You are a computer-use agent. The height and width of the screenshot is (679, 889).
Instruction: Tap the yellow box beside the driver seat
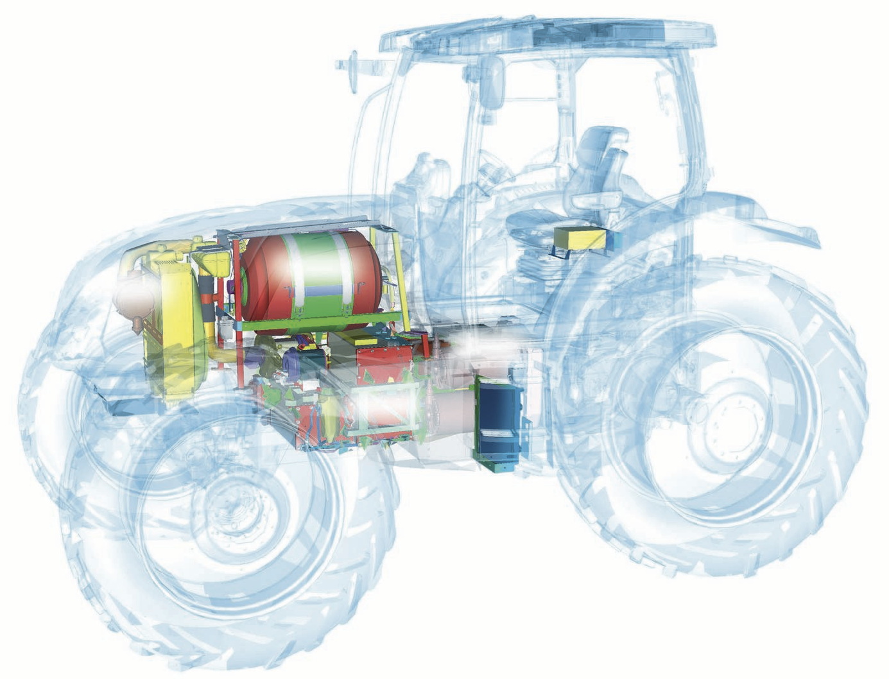[580, 239]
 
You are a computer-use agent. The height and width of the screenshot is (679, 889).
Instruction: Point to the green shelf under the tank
[321, 324]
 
